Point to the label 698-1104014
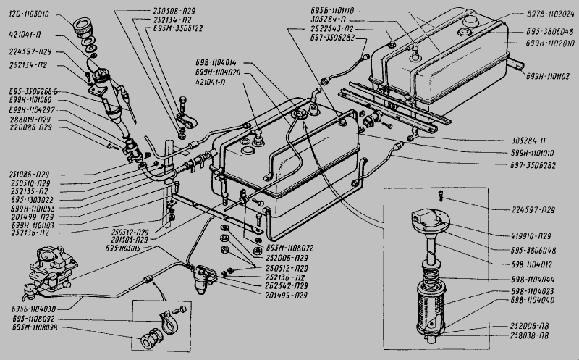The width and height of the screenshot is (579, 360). click(219, 63)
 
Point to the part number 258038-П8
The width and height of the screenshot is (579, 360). click(533, 336)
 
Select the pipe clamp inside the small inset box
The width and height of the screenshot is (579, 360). click(166, 321)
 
